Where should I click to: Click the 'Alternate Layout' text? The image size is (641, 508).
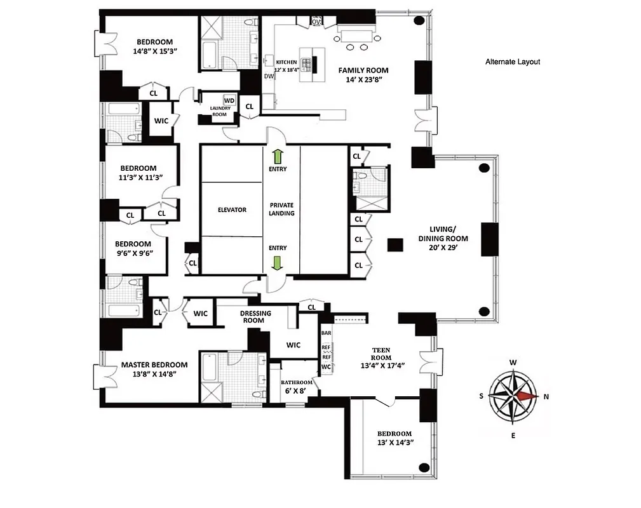512,62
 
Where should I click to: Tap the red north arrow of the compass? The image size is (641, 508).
527,395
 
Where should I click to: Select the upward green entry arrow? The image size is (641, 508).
278,156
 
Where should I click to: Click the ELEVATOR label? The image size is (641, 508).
231,210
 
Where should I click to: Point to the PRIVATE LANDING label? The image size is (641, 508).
281,210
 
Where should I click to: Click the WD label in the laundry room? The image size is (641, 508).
229,100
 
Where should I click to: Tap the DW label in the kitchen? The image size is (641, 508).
269,76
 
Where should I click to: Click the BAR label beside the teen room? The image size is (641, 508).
327,333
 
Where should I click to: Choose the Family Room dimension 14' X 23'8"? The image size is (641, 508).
363,81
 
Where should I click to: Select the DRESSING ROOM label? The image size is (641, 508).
255,317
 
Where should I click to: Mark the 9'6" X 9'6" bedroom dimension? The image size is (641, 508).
133,253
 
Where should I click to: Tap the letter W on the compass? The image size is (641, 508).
513,363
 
